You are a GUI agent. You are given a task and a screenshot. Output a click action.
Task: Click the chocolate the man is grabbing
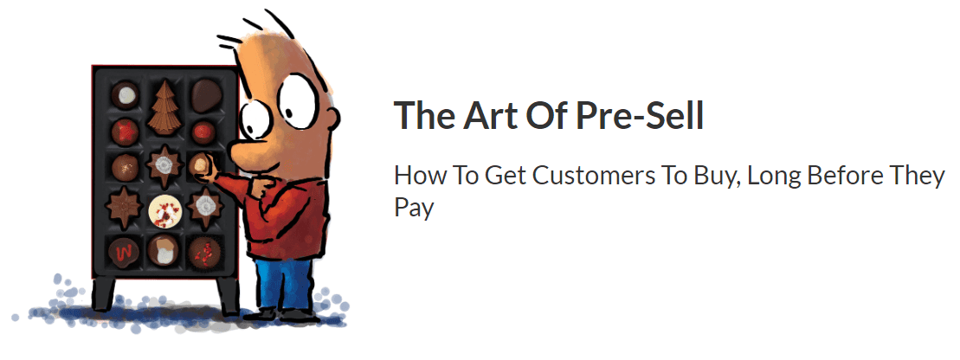200,164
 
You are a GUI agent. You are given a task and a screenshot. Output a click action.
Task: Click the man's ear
332,116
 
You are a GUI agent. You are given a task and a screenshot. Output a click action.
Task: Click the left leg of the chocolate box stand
102,294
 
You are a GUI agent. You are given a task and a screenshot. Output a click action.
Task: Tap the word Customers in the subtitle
593,177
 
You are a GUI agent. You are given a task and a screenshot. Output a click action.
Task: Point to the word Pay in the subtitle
414,208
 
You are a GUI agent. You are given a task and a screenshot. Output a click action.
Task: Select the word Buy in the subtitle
717,177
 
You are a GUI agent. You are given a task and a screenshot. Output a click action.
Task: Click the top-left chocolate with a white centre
125,95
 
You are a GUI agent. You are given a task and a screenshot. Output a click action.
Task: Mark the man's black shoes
287,316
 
